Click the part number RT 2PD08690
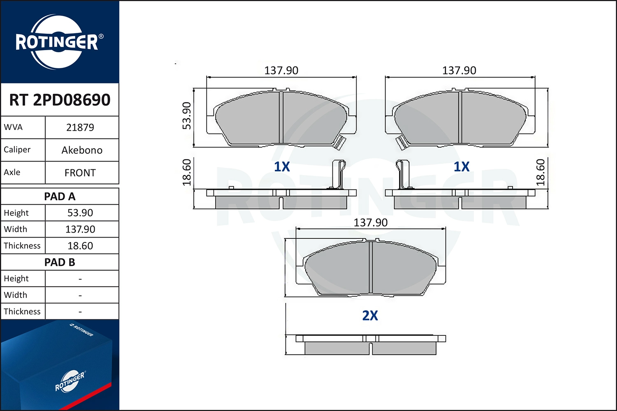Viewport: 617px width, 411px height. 60,99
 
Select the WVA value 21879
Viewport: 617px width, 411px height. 80,127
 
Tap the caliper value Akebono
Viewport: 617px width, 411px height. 82,150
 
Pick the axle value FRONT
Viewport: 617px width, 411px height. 80,173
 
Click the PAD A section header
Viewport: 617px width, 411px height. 60,196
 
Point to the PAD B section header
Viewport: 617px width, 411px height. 60,262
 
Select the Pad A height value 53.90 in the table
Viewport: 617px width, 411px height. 80,213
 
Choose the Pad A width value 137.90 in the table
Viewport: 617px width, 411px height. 80,229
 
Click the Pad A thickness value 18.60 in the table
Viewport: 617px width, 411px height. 80,245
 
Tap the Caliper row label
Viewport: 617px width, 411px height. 17,150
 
